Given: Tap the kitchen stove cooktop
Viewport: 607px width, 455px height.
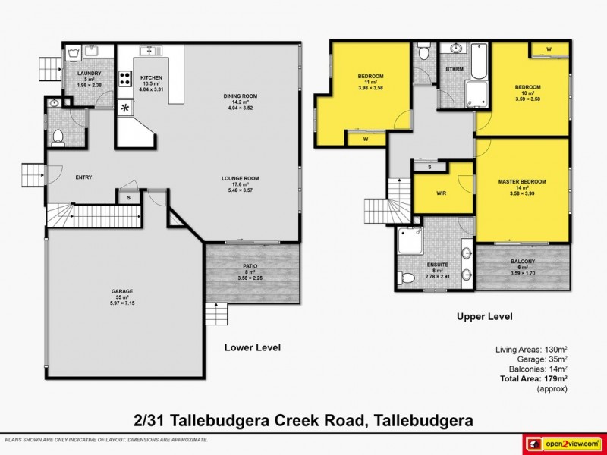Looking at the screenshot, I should (x=124, y=80).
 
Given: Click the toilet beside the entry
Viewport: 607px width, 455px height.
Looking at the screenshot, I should (x=58, y=137).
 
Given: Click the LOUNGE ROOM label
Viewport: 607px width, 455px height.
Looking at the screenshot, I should (x=241, y=178).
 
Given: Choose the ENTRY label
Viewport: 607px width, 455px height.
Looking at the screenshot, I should (x=83, y=177).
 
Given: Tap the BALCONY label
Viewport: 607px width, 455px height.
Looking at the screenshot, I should (x=523, y=261).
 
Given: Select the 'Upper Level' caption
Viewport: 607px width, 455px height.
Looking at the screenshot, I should (x=484, y=316).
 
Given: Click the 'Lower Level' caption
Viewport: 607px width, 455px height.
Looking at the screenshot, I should (x=253, y=347).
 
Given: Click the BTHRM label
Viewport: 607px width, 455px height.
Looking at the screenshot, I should (x=454, y=70).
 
